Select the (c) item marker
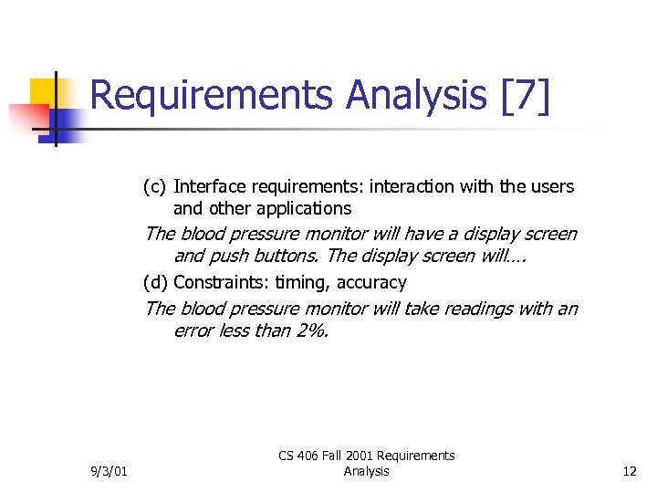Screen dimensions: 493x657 point(154,187)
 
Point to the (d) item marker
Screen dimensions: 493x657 point(155,282)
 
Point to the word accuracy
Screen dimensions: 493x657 point(369,282)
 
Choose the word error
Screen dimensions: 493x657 point(193,330)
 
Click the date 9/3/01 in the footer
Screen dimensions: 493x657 point(109,471)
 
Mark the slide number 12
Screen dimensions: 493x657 point(629,471)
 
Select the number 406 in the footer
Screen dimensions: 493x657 point(315,456)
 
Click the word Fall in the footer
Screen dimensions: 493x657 point(344,456)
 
